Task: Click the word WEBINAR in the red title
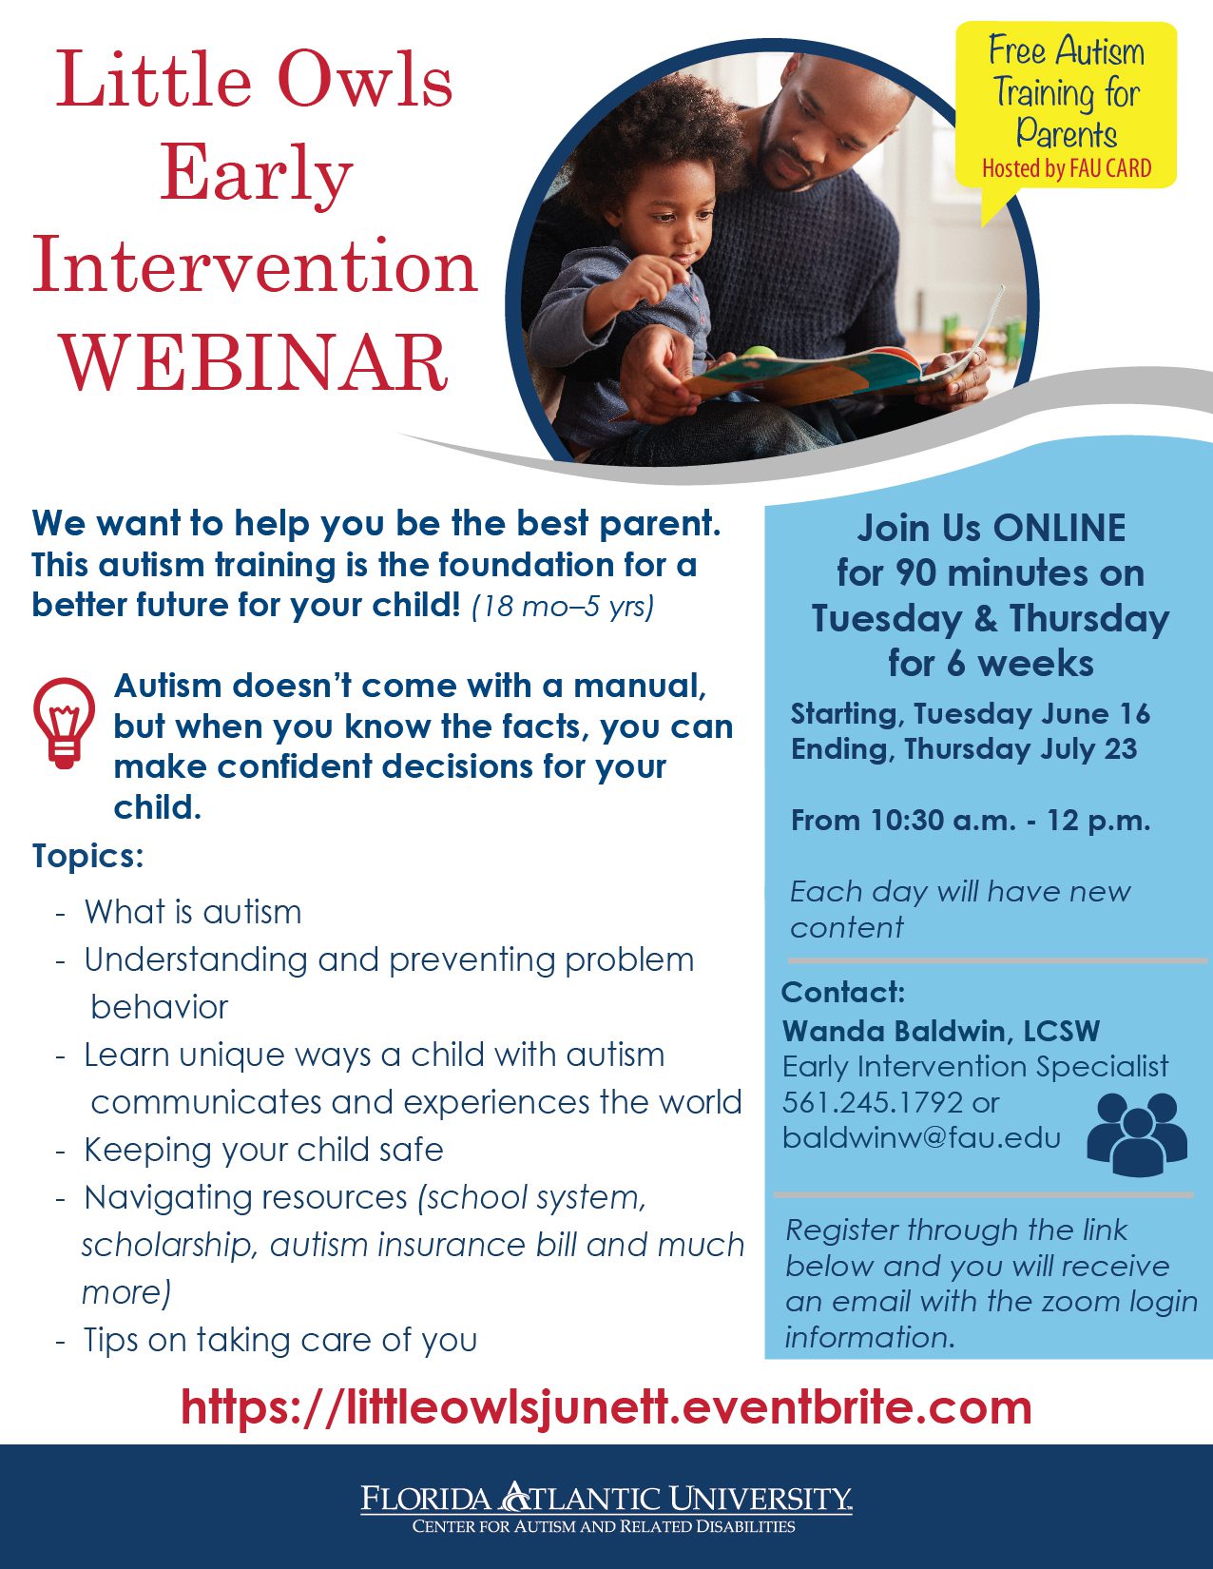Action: click(x=255, y=362)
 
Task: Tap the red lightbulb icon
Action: click(x=64, y=723)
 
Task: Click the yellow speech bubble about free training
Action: click(x=1066, y=108)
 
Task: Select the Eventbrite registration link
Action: click(x=606, y=1407)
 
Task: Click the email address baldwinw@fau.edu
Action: click(x=921, y=1138)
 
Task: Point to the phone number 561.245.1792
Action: click(x=873, y=1102)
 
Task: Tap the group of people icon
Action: click(x=1137, y=1134)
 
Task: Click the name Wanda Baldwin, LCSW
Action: click(x=941, y=1031)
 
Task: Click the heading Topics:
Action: click(x=88, y=857)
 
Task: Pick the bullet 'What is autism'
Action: click(x=193, y=912)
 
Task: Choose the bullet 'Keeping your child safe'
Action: click(x=263, y=1150)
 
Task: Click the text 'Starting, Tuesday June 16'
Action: click(x=970, y=713)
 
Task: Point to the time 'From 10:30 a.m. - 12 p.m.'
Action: click(x=971, y=821)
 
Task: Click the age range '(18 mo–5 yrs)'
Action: click(x=563, y=606)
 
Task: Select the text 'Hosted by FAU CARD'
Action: click(x=1067, y=168)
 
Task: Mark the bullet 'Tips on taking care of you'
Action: click(x=280, y=1340)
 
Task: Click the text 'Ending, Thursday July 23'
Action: click(x=964, y=748)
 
